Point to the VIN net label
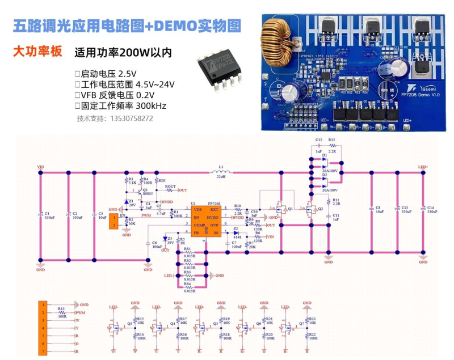[40, 167]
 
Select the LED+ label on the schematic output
[423, 167]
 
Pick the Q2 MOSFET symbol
[312, 210]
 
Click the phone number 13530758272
[115, 119]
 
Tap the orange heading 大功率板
[37, 52]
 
